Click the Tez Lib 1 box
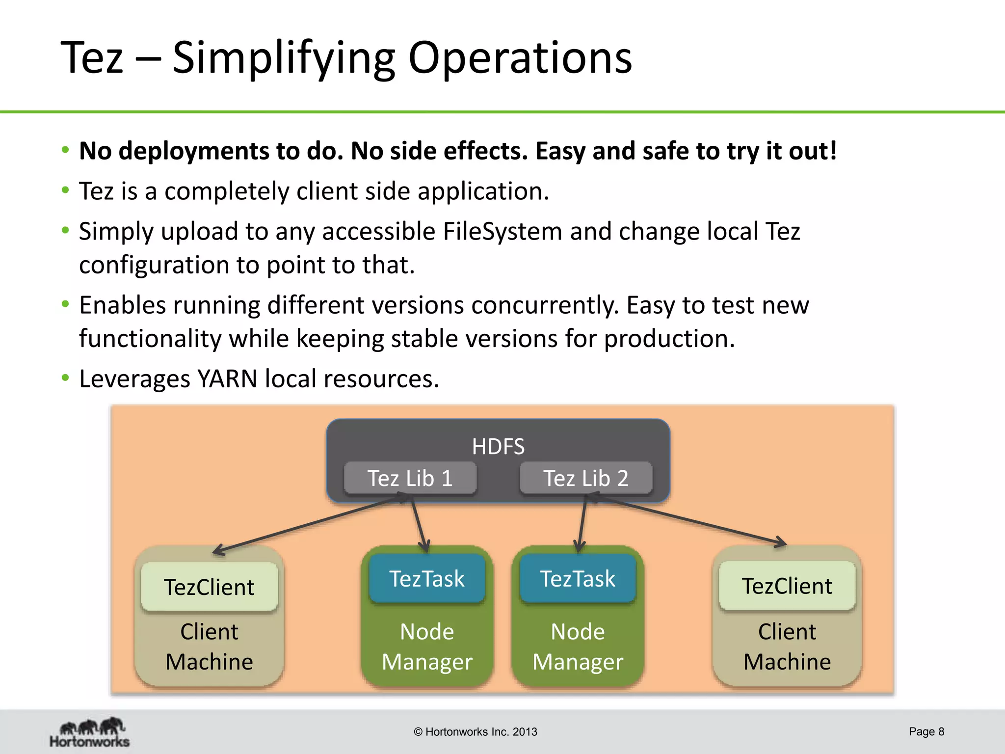click(x=410, y=478)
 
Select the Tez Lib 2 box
click(x=586, y=478)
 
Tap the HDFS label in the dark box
click(x=498, y=447)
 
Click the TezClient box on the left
click(x=209, y=587)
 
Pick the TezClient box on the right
click(x=787, y=586)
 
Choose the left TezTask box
click(x=427, y=579)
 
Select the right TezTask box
click(x=578, y=579)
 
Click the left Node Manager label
click(x=427, y=646)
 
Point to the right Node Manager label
click(x=578, y=646)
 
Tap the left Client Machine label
click(x=209, y=646)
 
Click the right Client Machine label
click(x=787, y=646)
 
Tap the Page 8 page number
click(x=926, y=731)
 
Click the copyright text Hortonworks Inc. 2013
click(x=476, y=732)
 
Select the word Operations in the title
click(x=520, y=58)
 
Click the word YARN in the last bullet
click(x=227, y=379)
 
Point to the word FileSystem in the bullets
click(x=502, y=231)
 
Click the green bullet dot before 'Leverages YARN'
click(x=65, y=377)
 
